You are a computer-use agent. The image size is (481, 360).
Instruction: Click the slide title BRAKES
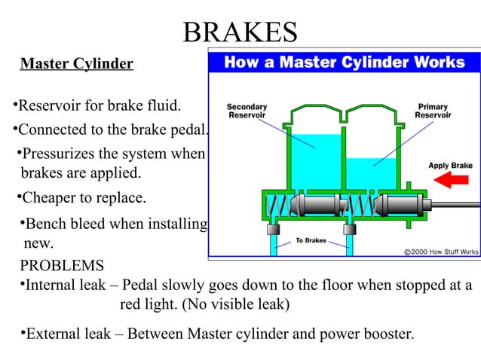(240, 32)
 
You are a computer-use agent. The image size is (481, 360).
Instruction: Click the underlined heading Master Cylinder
(76, 64)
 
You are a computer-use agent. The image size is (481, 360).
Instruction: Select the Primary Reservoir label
(433, 111)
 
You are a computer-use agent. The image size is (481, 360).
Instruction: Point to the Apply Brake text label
(450, 165)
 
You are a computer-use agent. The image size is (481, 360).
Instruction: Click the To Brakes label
(311, 242)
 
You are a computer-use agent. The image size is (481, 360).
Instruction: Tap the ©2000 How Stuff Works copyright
(441, 251)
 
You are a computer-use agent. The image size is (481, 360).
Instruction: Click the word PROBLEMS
(62, 267)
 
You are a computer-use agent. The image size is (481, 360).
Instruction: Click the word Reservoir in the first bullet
(51, 104)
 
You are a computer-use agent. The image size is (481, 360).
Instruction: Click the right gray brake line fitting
(349, 228)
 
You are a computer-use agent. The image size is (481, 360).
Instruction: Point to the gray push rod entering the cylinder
(452, 204)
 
